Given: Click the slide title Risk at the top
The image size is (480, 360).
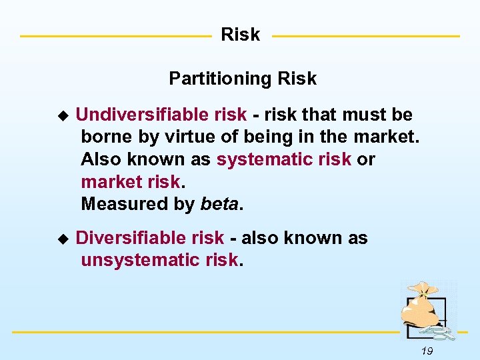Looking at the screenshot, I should click(240, 35).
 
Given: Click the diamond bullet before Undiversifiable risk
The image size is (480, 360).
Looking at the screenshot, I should click(63, 115).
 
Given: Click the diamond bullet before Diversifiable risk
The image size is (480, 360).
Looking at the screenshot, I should click(63, 239).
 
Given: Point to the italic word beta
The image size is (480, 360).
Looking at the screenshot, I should click(219, 204).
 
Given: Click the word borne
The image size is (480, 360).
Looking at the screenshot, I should click(103, 138).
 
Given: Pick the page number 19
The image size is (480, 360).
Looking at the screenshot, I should click(427, 351).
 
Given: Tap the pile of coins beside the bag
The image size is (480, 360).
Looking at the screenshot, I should click(441, 331).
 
